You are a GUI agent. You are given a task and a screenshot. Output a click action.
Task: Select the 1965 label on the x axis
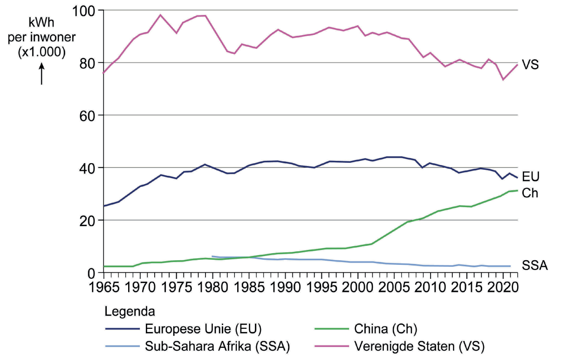click(x=103, y=285)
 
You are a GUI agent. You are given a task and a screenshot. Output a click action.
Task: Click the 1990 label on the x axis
click(x=285, y=285)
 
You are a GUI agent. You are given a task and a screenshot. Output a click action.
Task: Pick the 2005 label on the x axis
click(x=394, y=285)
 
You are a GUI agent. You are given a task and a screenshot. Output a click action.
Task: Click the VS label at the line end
click(x=531, y=65)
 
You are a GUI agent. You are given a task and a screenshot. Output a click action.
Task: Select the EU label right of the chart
click(x=531, y=177)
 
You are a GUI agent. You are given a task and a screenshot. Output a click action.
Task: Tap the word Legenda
click(x=130, y=311)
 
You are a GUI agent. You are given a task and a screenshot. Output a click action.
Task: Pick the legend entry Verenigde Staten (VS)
click(x=419, y=346)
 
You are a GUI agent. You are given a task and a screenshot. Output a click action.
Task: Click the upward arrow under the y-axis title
click(x=41, y=74)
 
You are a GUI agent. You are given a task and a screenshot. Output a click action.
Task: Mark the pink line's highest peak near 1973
click(x=161, y=15)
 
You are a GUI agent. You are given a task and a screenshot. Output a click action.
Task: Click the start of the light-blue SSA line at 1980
click(x=212, y=256)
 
